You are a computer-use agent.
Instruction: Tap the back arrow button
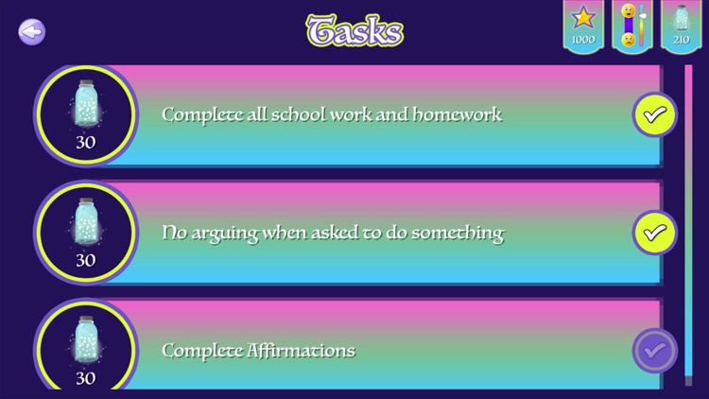(32, 32)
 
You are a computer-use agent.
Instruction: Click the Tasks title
(354, 31)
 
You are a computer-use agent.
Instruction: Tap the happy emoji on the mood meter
(628, 12)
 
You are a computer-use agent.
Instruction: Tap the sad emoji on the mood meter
(628, 40)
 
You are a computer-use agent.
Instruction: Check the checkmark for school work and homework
(654, 115)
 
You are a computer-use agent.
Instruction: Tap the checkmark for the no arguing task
(654, 233)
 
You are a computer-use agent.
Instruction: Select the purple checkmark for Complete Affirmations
(654, 351)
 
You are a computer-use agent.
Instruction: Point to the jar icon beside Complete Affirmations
(85, 340)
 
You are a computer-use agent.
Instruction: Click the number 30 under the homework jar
(85, 143)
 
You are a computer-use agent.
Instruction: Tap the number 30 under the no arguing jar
(85, 260)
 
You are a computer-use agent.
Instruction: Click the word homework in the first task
(461, 115)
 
